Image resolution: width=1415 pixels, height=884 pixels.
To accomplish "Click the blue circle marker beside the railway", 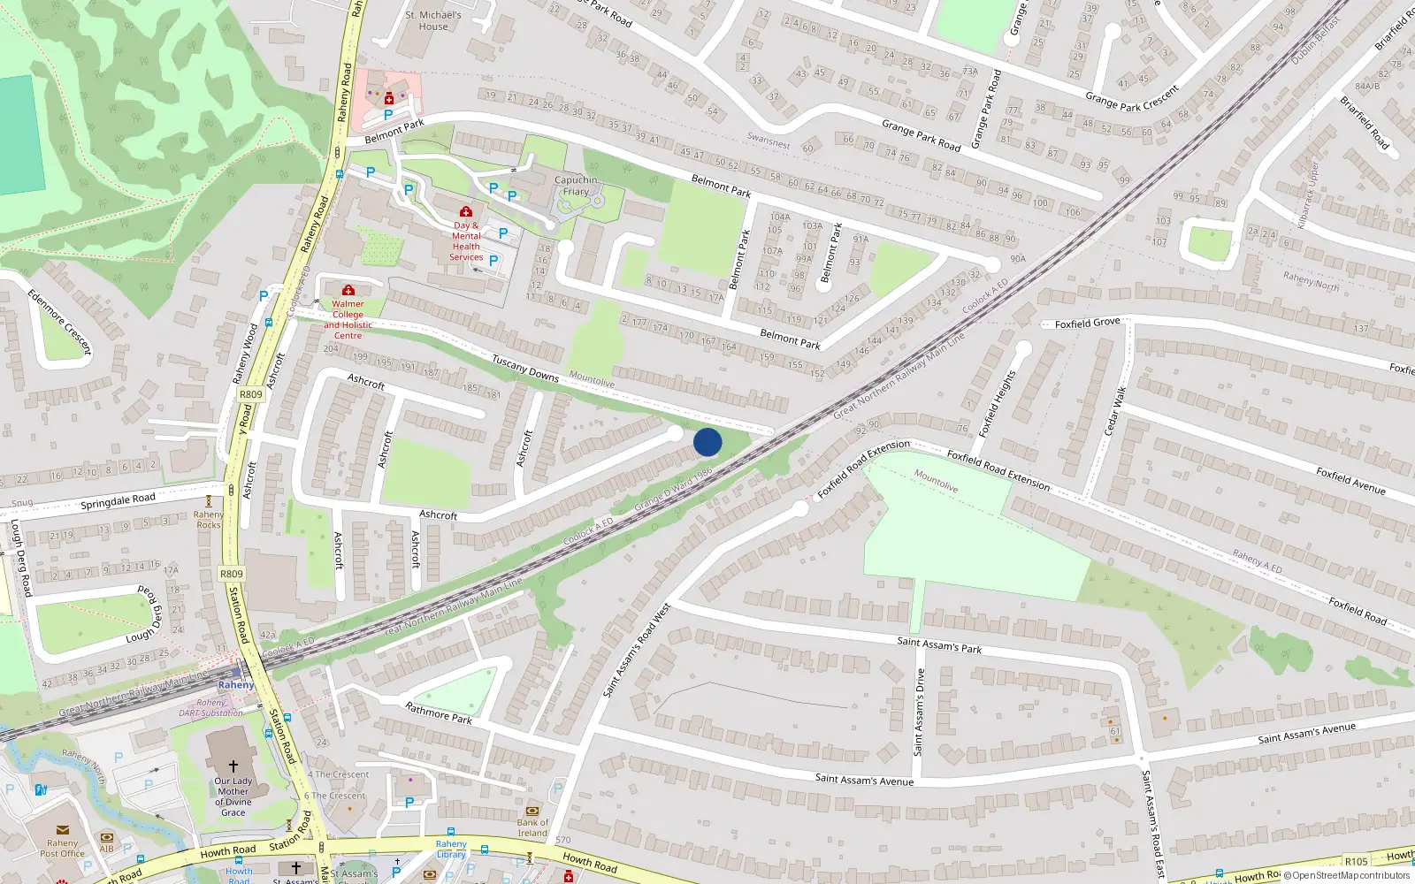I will (707, 442).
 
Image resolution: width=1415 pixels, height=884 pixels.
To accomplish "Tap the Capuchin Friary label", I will (576, 186).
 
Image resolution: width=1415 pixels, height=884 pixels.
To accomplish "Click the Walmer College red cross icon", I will (348, 291).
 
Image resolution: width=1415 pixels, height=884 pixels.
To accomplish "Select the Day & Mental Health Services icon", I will (466, 212).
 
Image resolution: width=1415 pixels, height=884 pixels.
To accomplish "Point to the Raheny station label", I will (236, 685).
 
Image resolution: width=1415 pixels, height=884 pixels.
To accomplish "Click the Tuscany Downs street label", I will (525, 368).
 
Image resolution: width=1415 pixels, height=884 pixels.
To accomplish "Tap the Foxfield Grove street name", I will (1087, 324).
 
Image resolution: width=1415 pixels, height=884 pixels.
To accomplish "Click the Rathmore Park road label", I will (439, 713).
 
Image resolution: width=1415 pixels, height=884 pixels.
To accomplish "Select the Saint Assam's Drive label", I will (919, 712).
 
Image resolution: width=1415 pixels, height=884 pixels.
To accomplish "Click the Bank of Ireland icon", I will (532, 811).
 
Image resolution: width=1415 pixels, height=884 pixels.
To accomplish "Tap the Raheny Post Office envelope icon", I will (63, 830).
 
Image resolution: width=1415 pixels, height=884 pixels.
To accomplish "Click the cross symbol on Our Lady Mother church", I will (233, 766).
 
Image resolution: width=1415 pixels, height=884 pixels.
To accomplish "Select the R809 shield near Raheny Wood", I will (251, 395).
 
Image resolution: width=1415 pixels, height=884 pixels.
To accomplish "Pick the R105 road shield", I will (1356, 861).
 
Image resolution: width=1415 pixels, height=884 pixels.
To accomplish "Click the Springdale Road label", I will (118, 501).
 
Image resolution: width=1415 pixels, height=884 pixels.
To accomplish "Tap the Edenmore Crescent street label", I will (59, 322).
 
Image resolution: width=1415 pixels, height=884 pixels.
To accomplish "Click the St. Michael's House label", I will (433, 20).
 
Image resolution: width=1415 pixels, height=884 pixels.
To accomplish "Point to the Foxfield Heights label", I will (998, 403).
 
